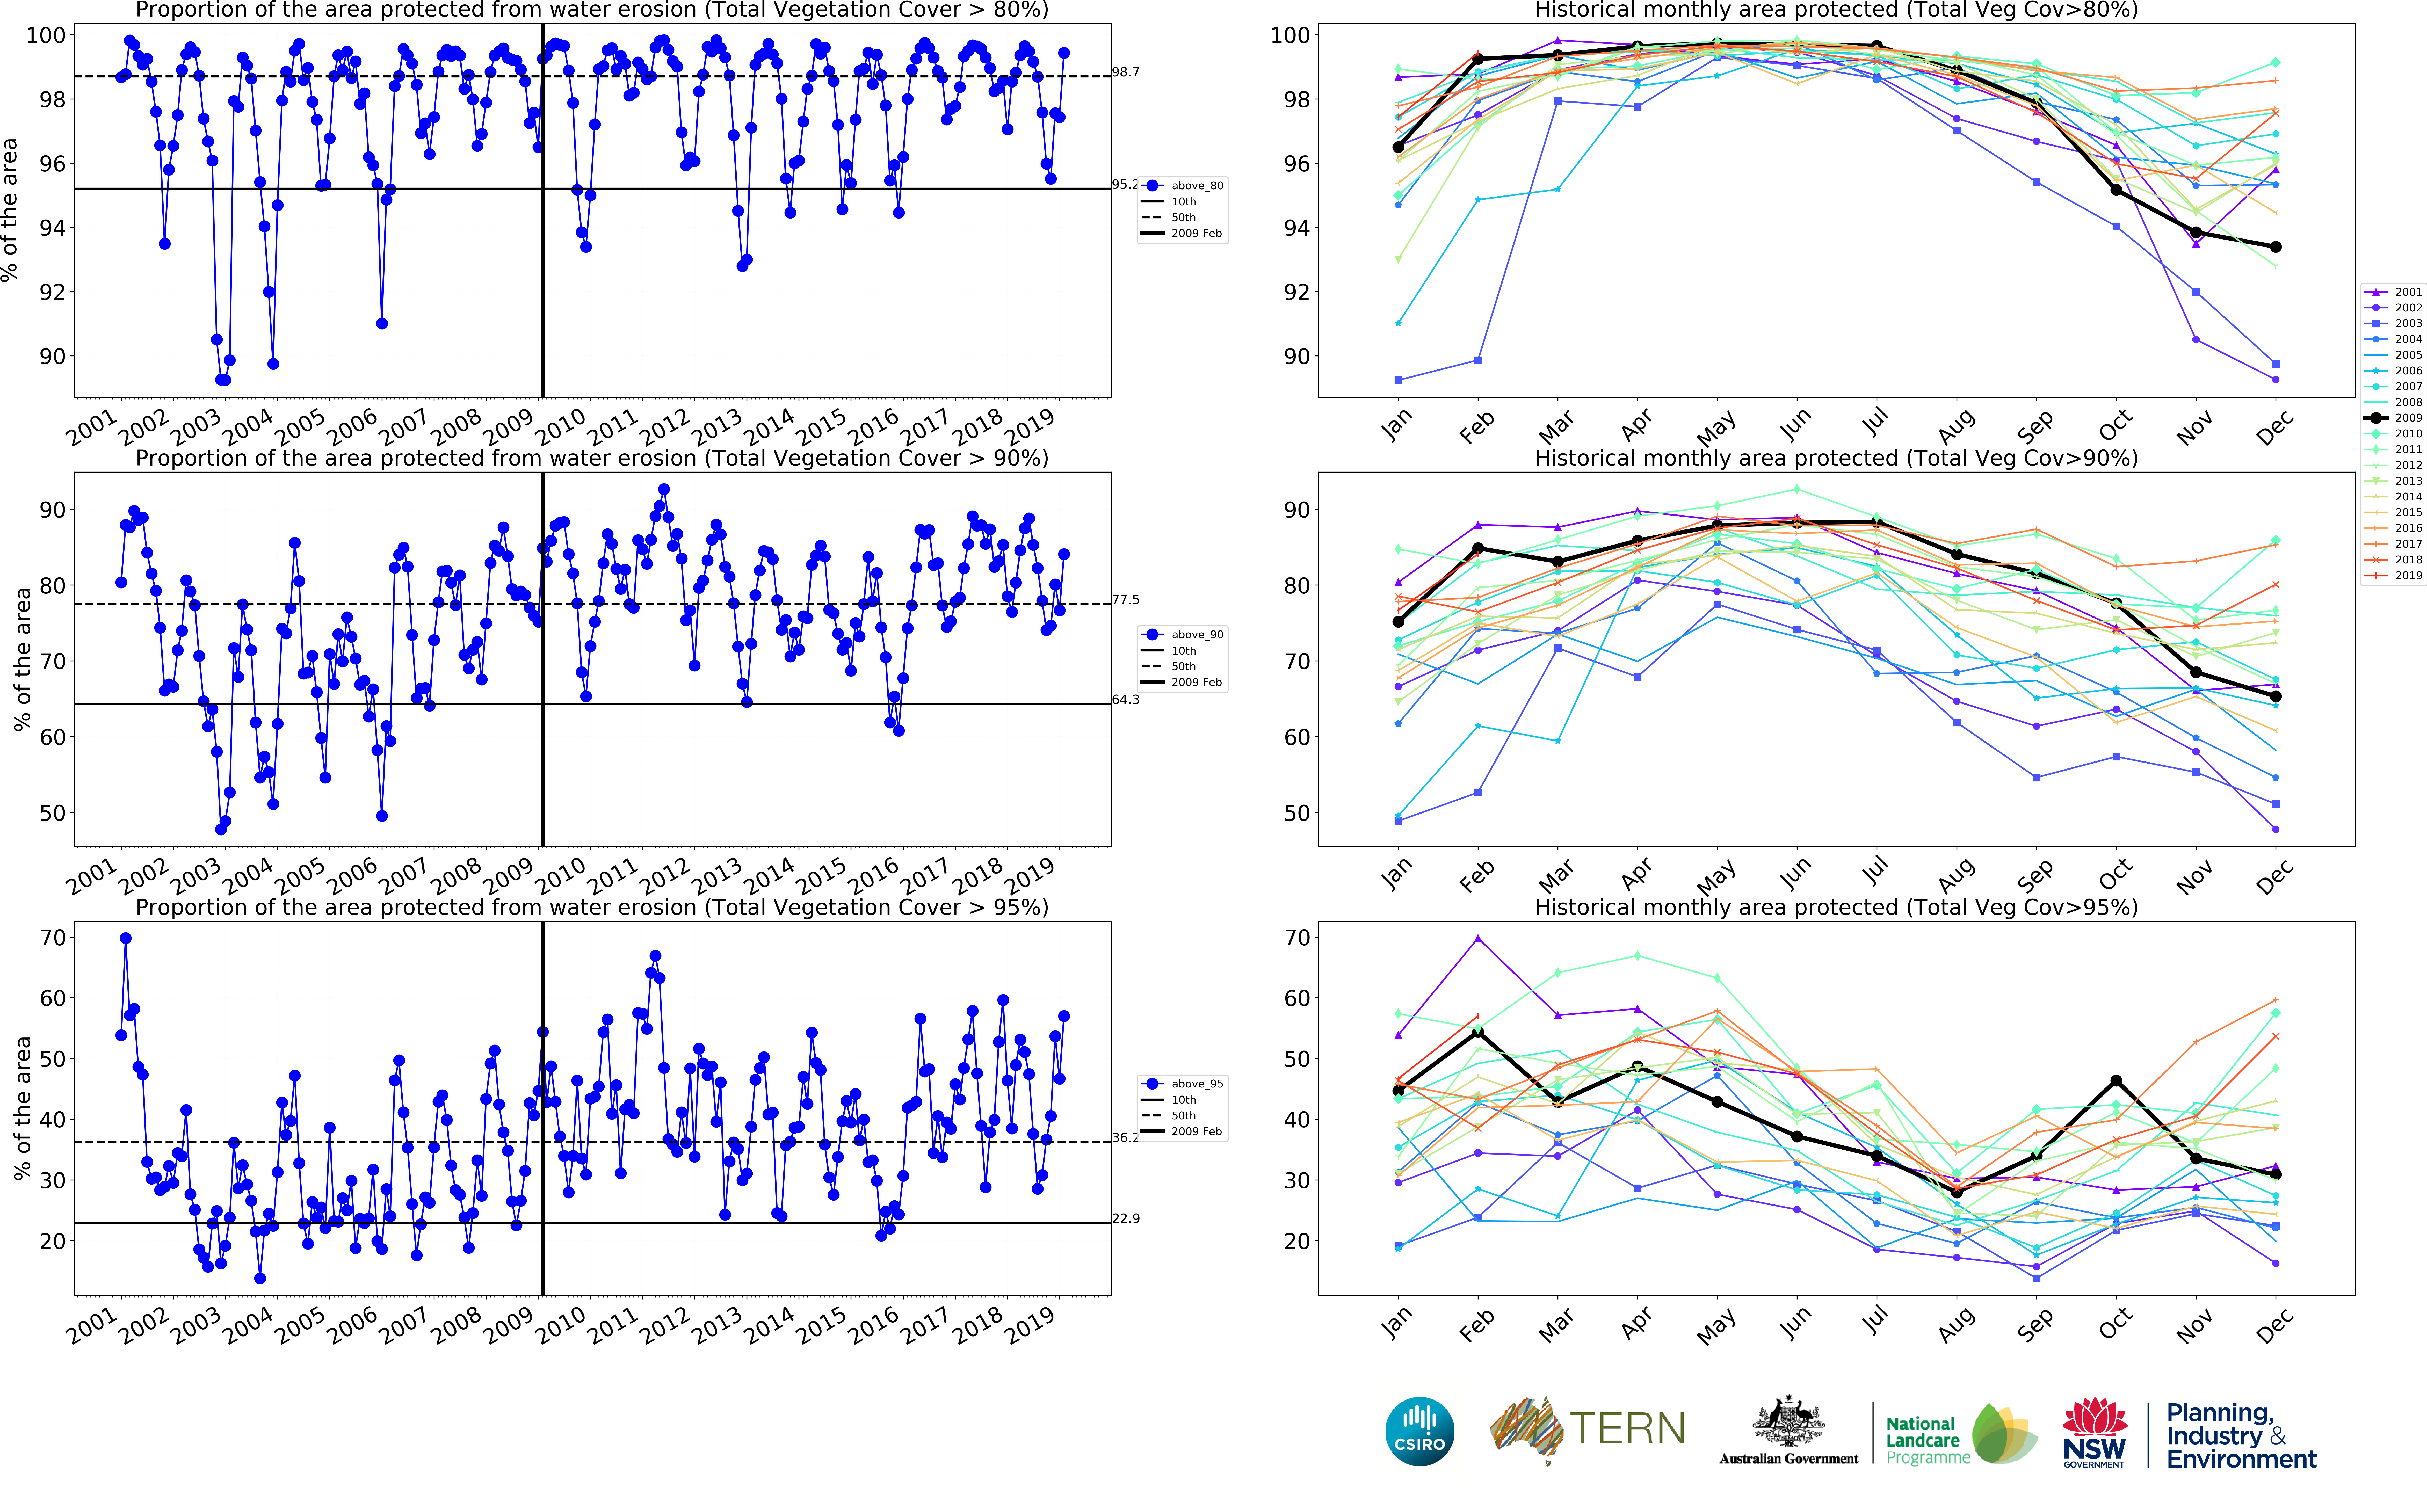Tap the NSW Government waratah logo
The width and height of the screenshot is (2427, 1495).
tap(2094, 1431)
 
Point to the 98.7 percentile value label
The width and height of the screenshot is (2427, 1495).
tap(1125, 72)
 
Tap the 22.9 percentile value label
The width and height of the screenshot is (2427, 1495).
tap(1125, 1218)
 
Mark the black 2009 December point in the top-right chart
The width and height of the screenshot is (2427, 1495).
tap(2276, 246)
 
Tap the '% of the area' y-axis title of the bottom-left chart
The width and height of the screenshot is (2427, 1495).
tap(22, 1107)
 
